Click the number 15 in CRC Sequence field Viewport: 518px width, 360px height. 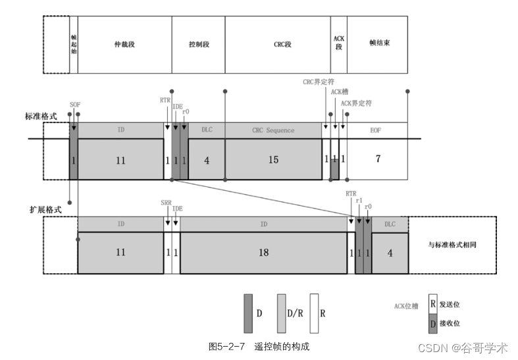click(x=272, y=160)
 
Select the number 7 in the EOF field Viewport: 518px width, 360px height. click(x=377, y=160)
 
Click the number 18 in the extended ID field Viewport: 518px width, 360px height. click(x=263, y=252)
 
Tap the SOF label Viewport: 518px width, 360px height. click(x=75, y=105)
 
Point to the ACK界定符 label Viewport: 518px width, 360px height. click(x=356, y=103)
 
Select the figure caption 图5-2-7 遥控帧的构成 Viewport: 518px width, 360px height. click(x=259, y=346)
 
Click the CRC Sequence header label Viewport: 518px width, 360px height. click(x=272, y=130)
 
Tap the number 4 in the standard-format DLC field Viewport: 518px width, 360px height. click(x=207, y=160)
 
